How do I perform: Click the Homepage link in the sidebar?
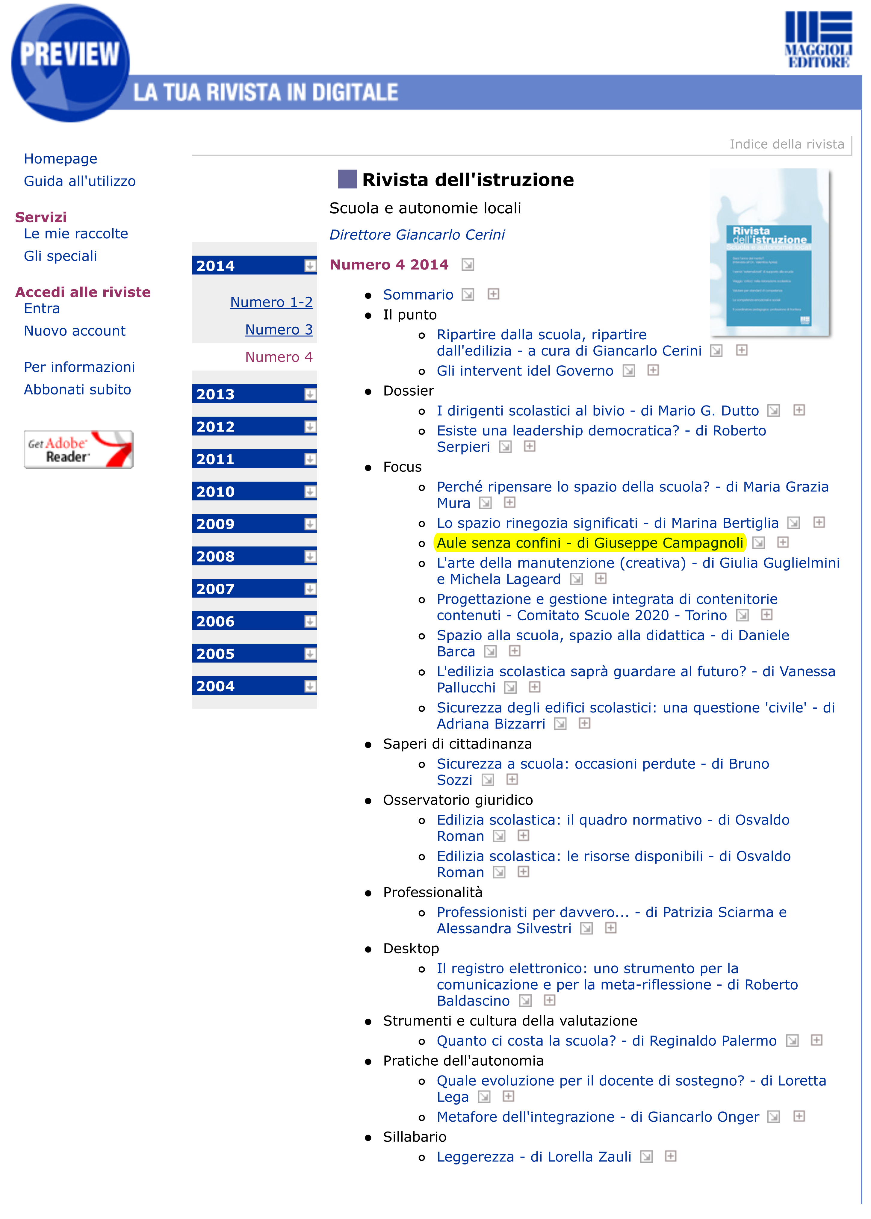coord(60,159)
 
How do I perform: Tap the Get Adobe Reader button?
coord(78,450)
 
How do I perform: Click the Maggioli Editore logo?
coord(818,40)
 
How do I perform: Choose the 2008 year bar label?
coord(216,556)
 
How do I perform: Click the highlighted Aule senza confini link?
coord(589,543)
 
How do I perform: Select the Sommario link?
coord(418,294)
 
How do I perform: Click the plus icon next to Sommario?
coord(493,294)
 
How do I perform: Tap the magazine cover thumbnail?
coord(769,252)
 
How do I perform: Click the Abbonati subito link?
coord(77,389)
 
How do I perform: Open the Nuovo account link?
coord(75,331)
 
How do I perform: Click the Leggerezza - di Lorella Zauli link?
coord(534,1157)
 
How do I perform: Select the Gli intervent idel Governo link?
coord(524,370)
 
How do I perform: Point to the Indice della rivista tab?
coord(786,144)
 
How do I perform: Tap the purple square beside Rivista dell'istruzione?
coord(347,179)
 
